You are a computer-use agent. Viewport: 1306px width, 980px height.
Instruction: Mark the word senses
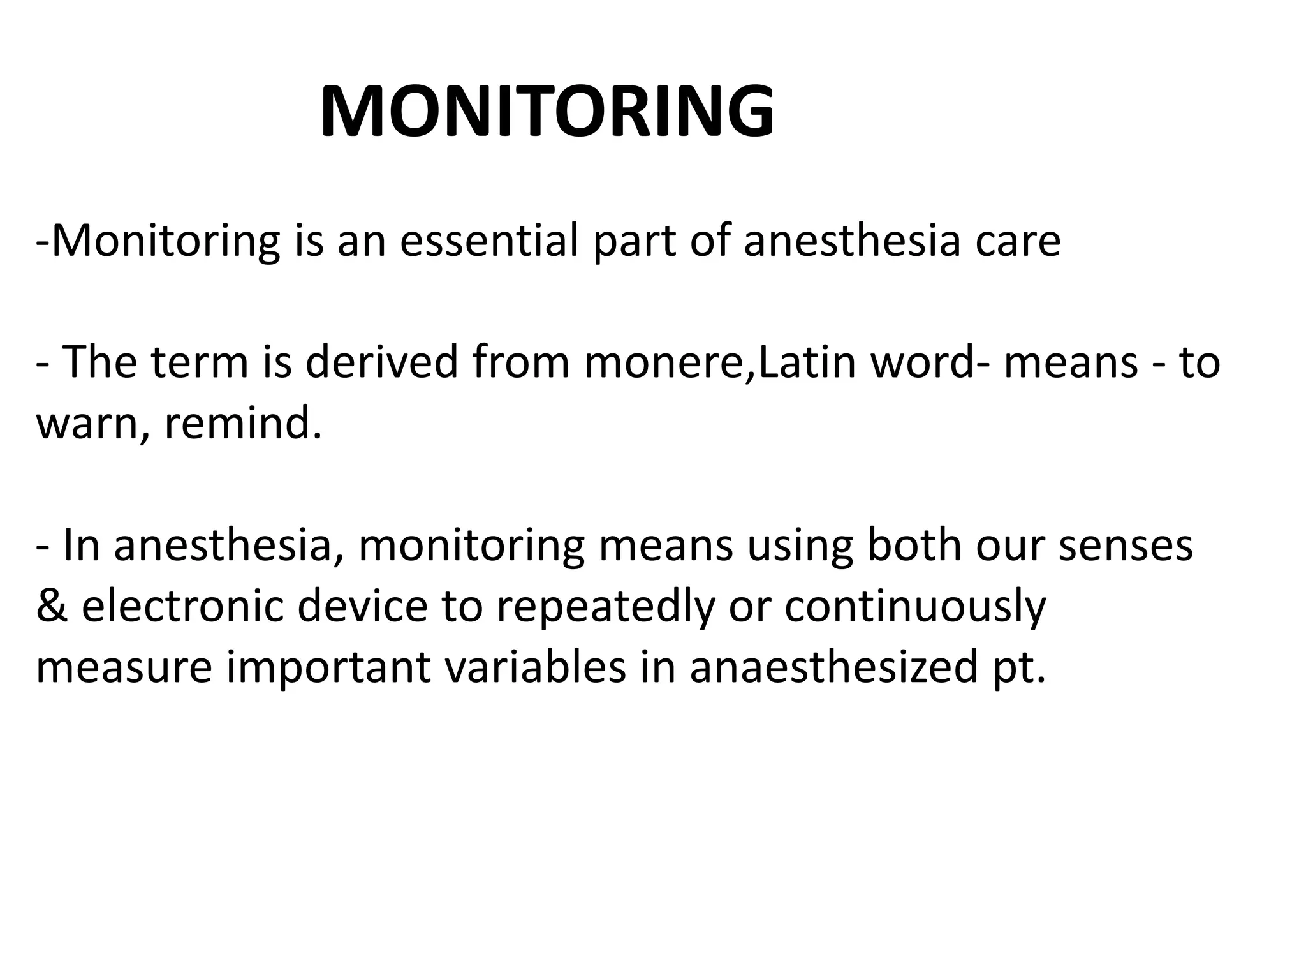[1126, 545]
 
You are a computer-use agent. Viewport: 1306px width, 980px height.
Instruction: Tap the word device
[362, 606]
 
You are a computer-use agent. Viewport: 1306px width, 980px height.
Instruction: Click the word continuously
[915, 606]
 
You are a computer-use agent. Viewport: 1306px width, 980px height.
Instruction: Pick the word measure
[124, 667]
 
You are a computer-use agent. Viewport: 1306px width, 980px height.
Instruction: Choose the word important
[329, 667]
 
